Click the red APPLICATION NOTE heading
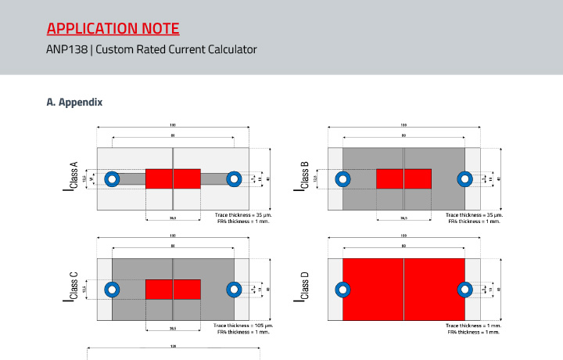tap(113, 30)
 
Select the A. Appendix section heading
tap(75, 102)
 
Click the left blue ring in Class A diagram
tap(112, 179)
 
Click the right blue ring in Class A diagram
tap(233, 179)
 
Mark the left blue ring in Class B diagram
tap(344, 179)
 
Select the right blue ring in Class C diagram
tap(233, 290)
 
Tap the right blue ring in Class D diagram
tap(464, 290)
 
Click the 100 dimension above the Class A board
tap(172, 125)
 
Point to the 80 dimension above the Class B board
tap(403, 136)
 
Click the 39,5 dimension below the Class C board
tap(173, 329)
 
